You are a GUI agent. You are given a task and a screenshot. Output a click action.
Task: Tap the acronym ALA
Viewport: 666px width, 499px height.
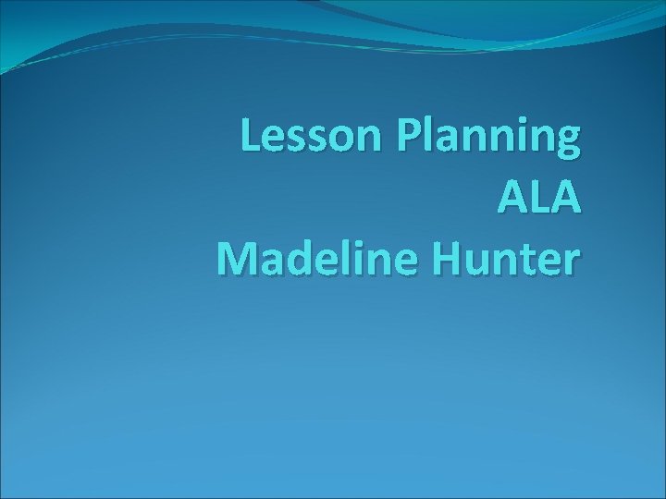click(540, 197)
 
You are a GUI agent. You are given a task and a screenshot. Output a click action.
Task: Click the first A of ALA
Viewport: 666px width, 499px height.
click(513, 197)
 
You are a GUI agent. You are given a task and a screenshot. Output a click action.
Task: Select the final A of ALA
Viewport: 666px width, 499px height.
click(568, 197)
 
